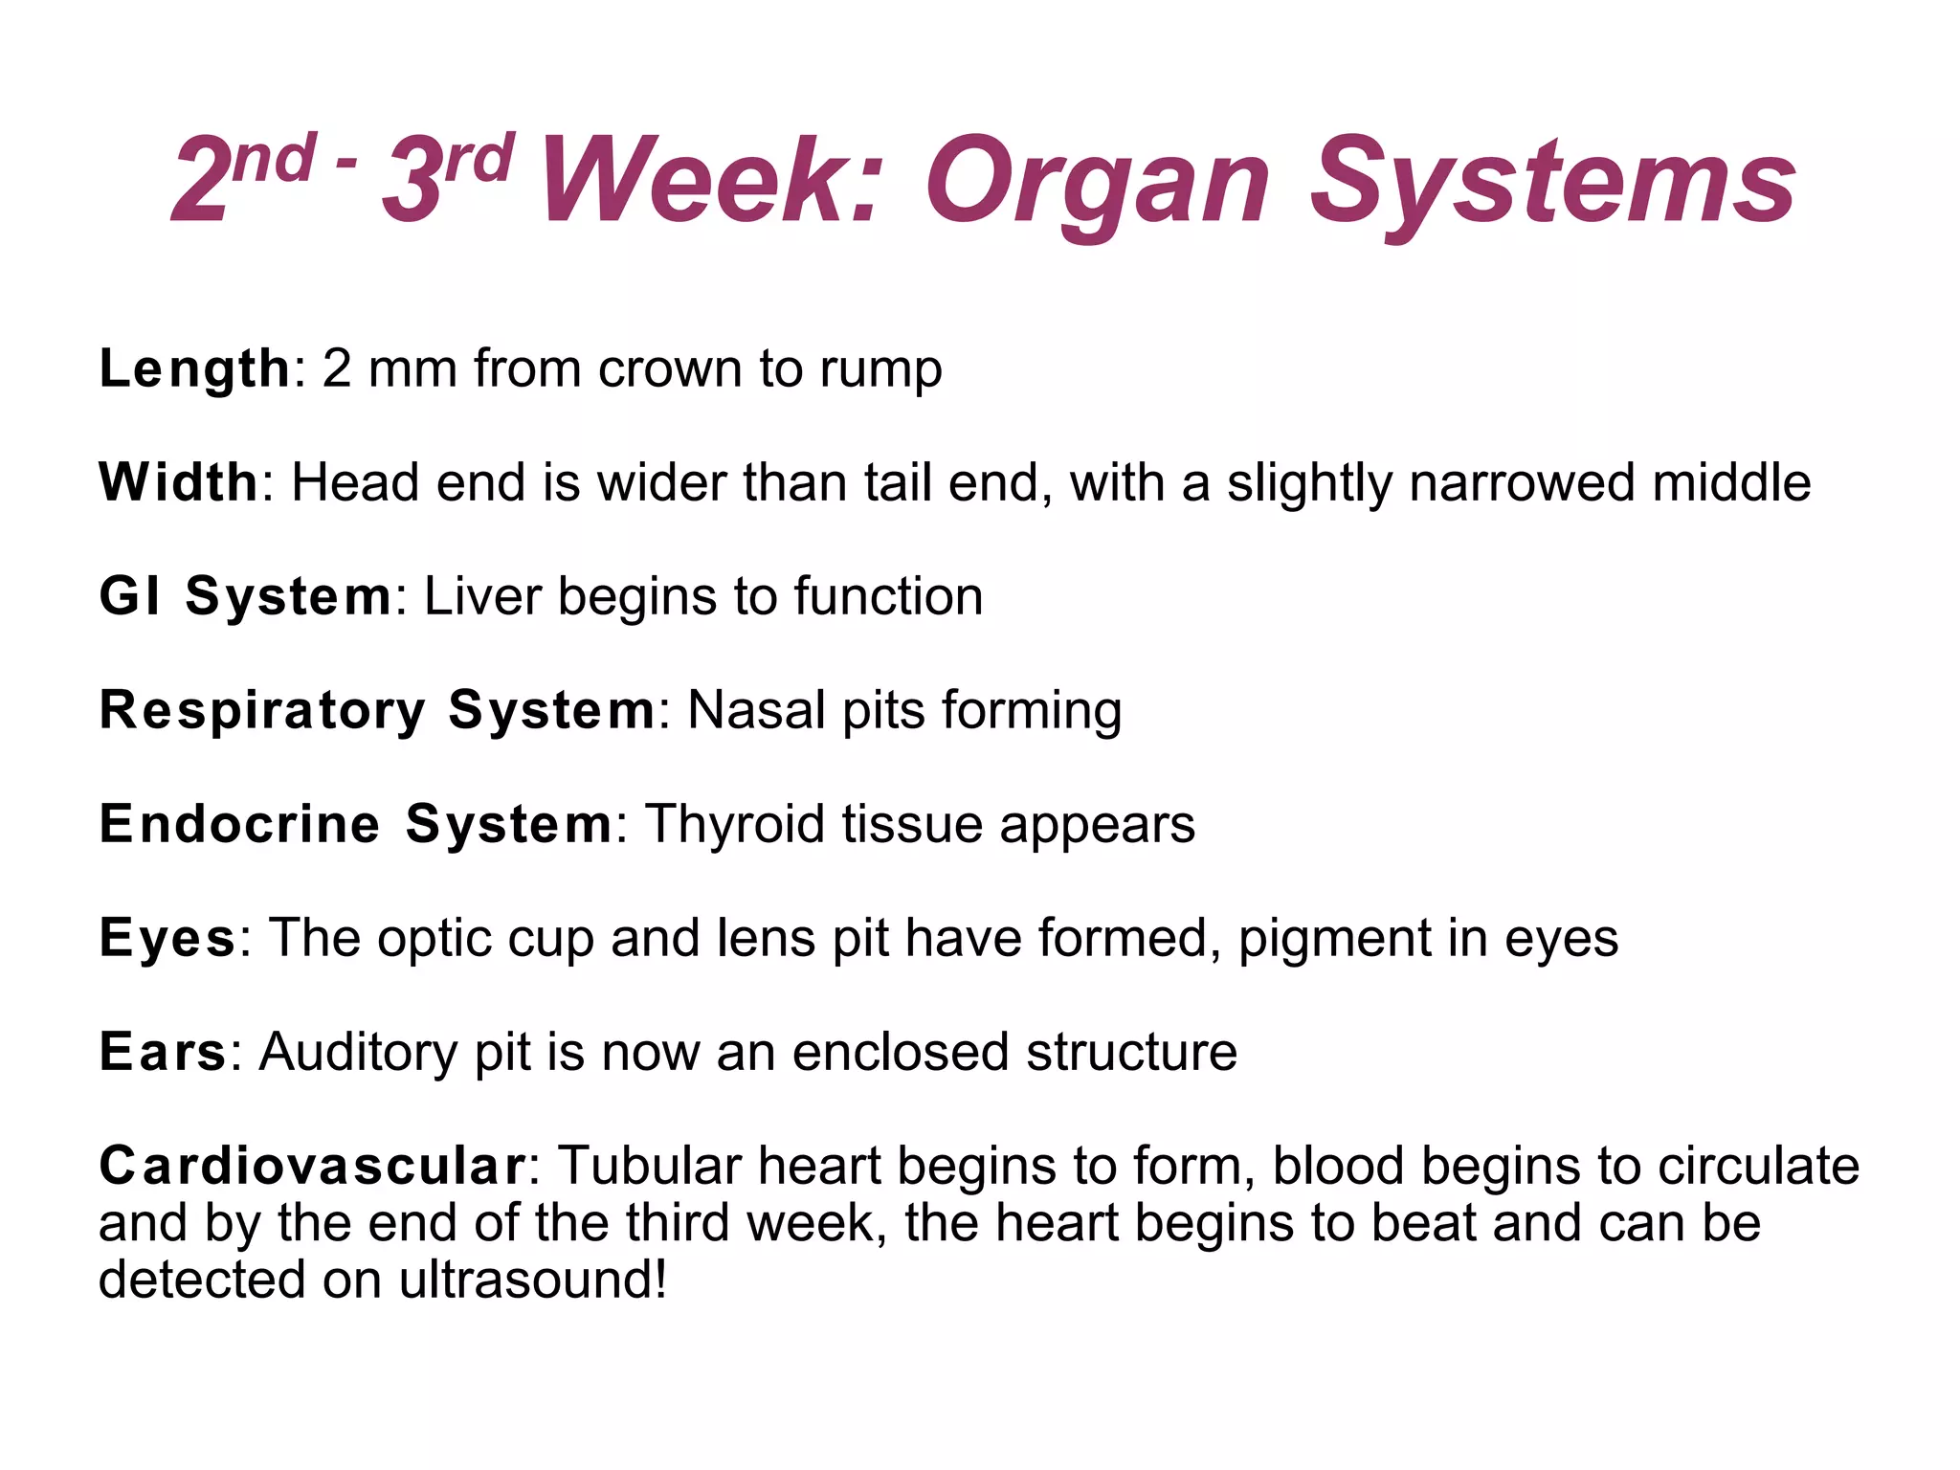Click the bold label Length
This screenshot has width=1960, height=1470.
point(194,369)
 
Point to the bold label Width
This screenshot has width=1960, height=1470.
point(178,482)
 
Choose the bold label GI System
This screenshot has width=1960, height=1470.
point(245,596)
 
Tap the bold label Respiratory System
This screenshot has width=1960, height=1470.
point(377,710)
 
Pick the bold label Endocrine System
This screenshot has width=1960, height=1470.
point(355,824)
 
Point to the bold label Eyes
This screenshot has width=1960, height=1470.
point(167,939)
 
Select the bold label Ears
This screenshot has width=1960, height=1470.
point(163,1052)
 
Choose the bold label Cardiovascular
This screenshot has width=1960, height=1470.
point(311,1166)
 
